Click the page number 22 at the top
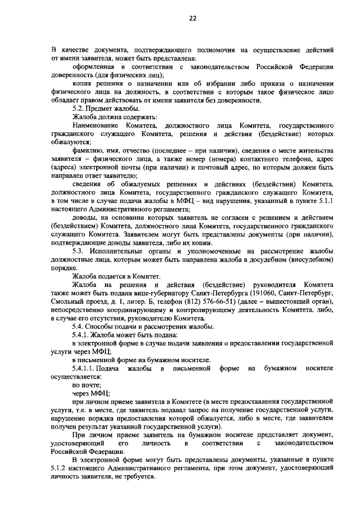tap(192, 18)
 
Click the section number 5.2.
tap(80, 107)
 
